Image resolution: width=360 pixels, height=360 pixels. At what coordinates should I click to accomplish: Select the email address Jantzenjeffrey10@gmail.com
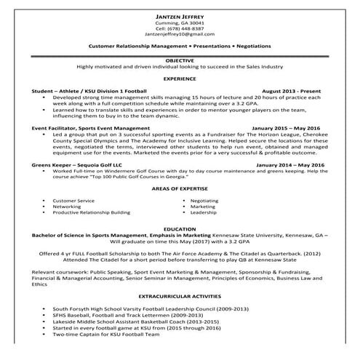pyautogui.click(x=180, y=33)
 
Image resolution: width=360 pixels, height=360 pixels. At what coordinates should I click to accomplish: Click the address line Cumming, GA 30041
pyautogui.click(x=180, y=22)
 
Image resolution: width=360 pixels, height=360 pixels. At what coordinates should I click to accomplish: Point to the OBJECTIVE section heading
pyautogui.click(x=180, y=61)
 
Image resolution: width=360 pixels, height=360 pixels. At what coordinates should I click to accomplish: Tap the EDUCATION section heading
pyautogui.click(x=180, y=228)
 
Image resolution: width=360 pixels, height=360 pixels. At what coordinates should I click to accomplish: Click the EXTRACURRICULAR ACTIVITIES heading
pyautogui.click(x=180, y=297)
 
